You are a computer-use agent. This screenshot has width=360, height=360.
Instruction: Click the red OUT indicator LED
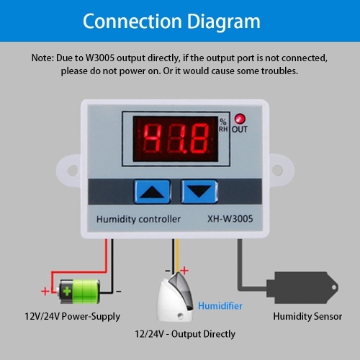(x=240, y=119)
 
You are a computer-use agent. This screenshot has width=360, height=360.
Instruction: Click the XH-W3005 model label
(x=230, y=219)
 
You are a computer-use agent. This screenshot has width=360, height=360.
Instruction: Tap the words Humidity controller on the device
(x=138, y=219)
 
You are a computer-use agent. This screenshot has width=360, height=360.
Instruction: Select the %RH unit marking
(x=223, y=125)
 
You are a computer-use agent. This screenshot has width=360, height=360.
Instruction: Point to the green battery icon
(x=78, y=292)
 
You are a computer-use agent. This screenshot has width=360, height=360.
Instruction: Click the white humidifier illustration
(x=176, y=297)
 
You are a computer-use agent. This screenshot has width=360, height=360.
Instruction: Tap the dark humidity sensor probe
(x=302, y=287)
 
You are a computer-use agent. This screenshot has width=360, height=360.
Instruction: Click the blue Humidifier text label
(x=220, y=306)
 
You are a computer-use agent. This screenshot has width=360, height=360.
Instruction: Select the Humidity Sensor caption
(x=307, y=316)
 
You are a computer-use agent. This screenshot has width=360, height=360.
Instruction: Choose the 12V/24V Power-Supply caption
(x=73, y=317)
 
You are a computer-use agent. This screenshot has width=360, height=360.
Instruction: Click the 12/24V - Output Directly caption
(x=185, y=334)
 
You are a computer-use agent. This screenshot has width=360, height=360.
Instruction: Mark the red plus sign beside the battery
(x=45, y=292)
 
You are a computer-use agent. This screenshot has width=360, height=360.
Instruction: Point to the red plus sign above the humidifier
(x=184, y=271)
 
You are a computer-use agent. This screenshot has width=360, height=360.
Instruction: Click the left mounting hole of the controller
(x=72, y=170)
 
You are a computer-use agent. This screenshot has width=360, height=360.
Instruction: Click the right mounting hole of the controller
(x=277, y=170)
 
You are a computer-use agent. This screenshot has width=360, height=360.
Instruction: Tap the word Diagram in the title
(x=224, y=22)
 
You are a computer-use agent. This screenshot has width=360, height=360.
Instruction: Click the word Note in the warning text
(x=42, y=58)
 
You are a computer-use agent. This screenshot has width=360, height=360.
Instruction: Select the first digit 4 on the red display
(x=152, y=138)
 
